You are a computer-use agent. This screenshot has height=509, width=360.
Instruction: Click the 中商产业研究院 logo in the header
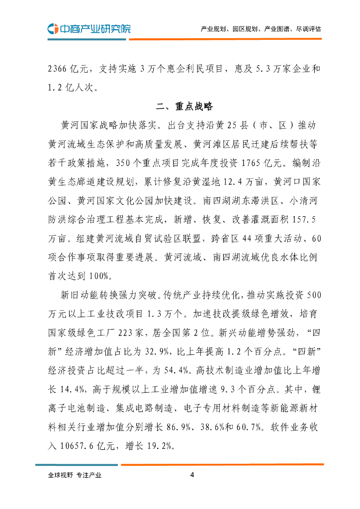(x=90, y=28)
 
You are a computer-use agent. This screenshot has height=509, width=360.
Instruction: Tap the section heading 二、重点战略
(x=184, y=106)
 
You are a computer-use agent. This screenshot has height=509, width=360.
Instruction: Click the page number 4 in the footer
(x=192, y=475)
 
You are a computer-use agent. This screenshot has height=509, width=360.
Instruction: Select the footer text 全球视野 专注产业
(x=75, y=475)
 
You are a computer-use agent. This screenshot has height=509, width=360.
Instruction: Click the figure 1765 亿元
(x=258, y=162)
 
